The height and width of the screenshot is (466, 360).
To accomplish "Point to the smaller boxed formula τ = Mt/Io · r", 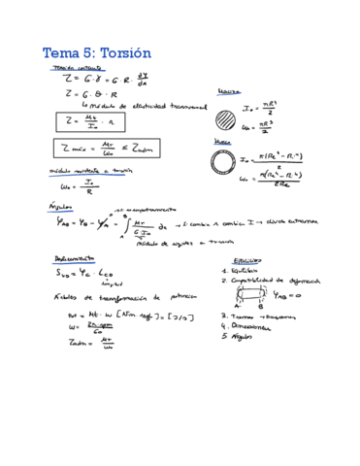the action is point(86,122).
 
